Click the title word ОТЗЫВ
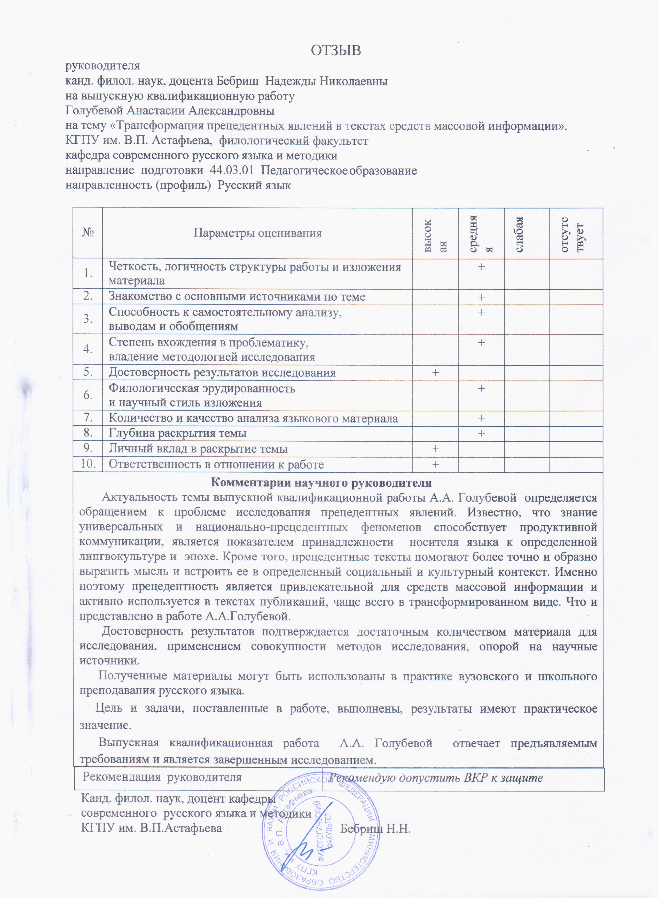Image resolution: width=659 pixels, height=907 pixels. pos(336,50)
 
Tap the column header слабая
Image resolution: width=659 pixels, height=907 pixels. pos(519,234)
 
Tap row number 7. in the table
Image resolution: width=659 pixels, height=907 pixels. pos(88,418)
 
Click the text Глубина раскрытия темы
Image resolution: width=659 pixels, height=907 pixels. pos(177,433)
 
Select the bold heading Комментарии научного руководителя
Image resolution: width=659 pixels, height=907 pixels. pos(321,483)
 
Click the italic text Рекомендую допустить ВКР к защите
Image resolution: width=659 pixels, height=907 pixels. pos(436,778)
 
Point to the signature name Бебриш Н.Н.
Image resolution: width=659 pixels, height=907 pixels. pos(375,828)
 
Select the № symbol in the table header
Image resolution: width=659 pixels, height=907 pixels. pos(88,233)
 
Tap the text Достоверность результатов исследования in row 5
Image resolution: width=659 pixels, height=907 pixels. pos(222,373)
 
